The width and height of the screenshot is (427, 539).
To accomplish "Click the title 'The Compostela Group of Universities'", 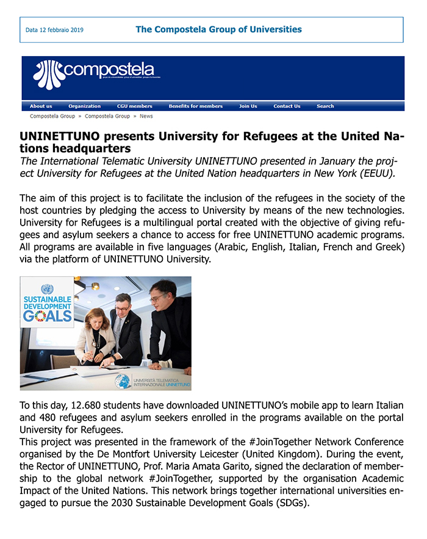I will pyautogui.click(x=218, y=29).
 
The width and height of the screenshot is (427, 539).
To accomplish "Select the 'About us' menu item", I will pyautogui.click(x=41, y=106).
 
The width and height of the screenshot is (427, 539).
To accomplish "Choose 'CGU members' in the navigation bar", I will pyautogui.click(x=134, y=106).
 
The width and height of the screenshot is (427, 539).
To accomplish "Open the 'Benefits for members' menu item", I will pyautogui.click(x=195, y=106).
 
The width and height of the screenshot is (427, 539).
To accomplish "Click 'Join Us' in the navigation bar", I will pyautogui.click(x=248, y=106).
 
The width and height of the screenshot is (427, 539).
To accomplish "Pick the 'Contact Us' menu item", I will pyautogui.click(x=287, y=106).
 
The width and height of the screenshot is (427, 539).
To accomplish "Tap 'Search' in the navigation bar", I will pyautogui.click(x=325, y=106).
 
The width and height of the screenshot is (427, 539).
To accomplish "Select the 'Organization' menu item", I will pyautogui.click(x=84, y=106).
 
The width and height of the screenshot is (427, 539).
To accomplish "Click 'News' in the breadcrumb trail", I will pyautogui.click(x=146, y=116).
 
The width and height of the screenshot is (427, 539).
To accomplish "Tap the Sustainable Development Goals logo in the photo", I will pyautogui.click(x=47, y=302).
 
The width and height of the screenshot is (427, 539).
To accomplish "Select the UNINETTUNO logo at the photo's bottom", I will pyautogui.click(x=153, y=382).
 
